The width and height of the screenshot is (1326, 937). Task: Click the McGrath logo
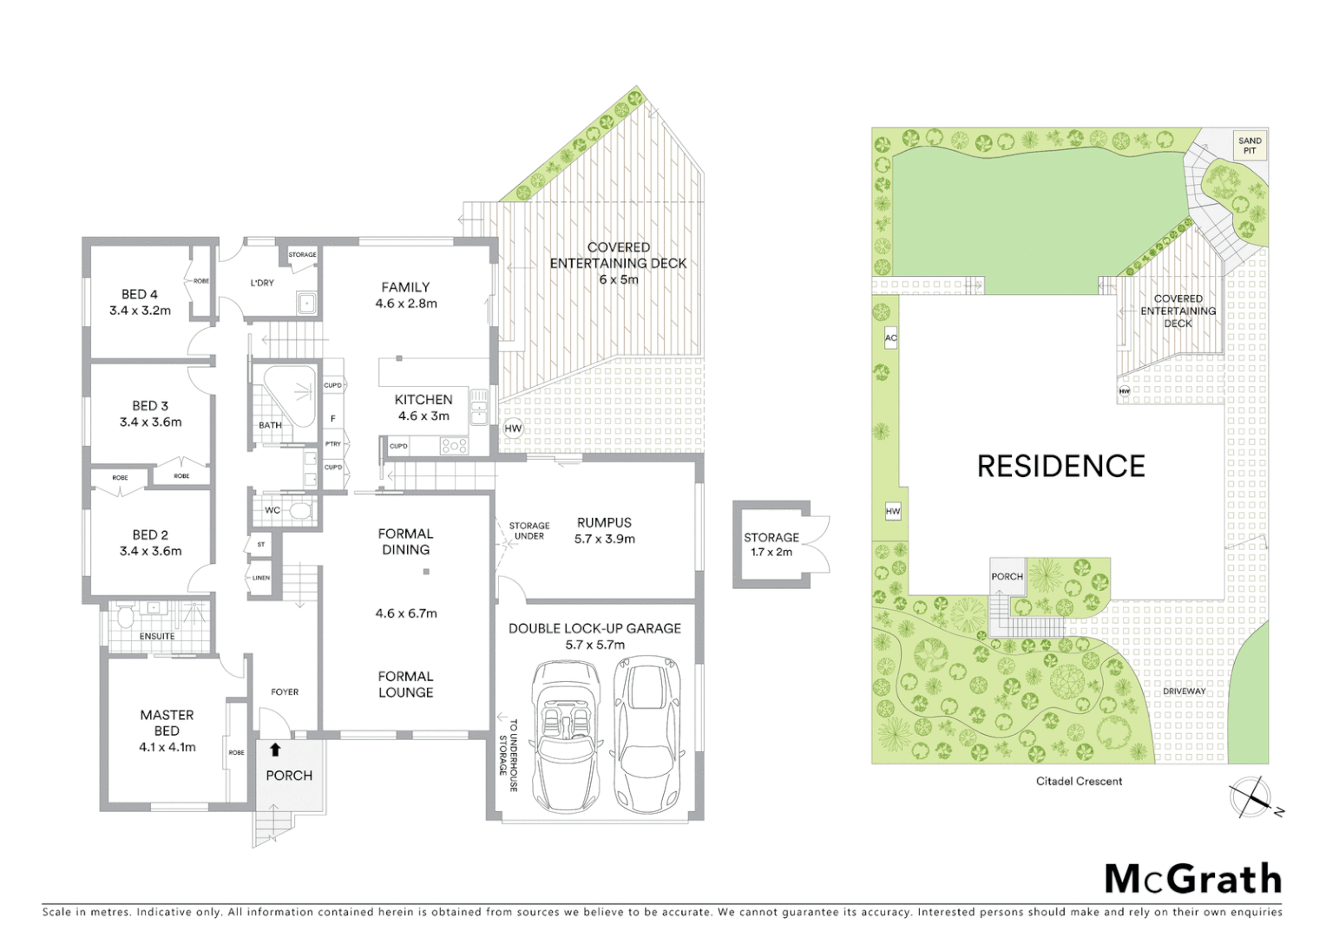(1192, 879)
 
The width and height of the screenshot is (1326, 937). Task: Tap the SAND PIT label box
(1250, 145)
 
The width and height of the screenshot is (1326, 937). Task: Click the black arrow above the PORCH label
(275, 750)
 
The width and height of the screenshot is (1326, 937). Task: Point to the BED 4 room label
(140, 294)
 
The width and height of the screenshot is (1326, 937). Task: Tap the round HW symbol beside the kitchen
(513, 428)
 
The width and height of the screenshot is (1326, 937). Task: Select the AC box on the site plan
(890, 337)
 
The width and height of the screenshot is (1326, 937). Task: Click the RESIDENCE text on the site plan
(1060, 467)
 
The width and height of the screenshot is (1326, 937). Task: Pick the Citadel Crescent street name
(1079, 781)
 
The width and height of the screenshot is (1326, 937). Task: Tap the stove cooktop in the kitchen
(454, 446)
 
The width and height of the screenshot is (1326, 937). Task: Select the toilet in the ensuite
(125, 619)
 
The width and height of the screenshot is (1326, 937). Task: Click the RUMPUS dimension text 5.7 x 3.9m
(604, 539)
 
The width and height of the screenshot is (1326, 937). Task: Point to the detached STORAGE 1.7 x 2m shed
(771, 544)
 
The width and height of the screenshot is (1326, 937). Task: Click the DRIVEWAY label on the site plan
(1184, 691)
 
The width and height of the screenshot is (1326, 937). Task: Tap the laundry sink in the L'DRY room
(305, 303)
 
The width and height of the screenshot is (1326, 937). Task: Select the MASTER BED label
(167, 723)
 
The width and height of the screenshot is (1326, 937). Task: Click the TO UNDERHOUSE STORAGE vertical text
(508, 755)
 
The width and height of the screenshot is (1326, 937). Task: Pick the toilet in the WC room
(299, 510)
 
